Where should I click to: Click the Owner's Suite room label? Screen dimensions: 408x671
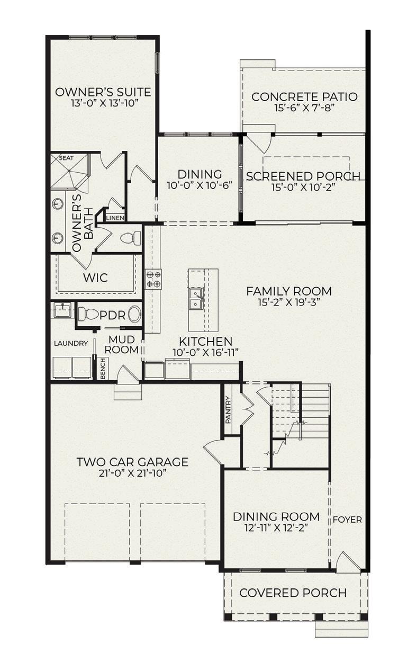[103, 92]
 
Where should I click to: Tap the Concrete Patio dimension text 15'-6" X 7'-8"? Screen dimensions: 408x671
[304, 108]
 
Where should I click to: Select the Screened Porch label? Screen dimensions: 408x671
[303, 176]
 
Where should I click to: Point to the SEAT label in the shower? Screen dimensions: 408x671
[66, 158]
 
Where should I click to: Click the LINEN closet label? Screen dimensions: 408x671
[115, 218]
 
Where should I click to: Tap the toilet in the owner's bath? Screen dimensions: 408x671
[131, 238]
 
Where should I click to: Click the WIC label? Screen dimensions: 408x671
[95, 278]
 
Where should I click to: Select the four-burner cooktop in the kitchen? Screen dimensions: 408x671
[153, 279]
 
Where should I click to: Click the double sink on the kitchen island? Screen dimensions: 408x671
[196, 299]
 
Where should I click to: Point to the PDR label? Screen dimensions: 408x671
[112, 315]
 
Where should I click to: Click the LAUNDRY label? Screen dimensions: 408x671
[71, 343]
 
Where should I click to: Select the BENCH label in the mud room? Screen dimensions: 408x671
[103, 369]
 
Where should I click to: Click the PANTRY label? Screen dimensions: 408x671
[228, 410]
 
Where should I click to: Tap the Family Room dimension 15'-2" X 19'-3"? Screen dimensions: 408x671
[289, 302]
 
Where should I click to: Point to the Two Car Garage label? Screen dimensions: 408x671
[133, 462]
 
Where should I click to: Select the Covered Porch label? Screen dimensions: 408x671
[293, 593]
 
